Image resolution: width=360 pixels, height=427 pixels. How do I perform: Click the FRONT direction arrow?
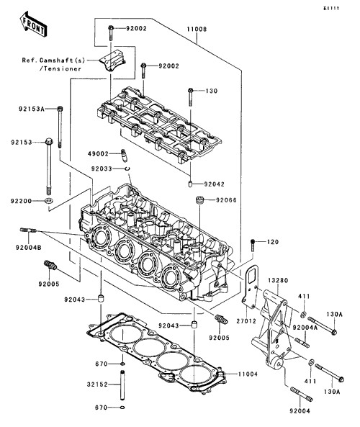coord(33,24)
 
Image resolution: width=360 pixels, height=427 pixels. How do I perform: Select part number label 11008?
coord(197,29)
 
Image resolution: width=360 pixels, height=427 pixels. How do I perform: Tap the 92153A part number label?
coord(31,109)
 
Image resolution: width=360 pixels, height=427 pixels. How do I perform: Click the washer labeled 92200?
coord(49,201)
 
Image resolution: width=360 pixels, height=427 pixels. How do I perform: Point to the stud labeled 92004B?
coord(28,230)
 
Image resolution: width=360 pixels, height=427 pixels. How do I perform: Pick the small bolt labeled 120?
coord(253,245)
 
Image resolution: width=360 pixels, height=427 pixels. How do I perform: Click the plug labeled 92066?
coord(200,200)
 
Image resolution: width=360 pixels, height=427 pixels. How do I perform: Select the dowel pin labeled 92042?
coord(190,184)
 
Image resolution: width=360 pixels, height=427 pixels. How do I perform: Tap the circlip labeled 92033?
coord(127,168)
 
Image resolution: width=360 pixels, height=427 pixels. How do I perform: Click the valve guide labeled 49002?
coord(124,156)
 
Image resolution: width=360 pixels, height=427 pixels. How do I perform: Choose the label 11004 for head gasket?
coord(248,374)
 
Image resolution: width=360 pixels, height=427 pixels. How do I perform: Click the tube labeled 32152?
coord(122,385)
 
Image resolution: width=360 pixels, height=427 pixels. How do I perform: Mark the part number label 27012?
coord(246,321)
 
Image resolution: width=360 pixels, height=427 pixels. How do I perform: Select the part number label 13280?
coord(278,280)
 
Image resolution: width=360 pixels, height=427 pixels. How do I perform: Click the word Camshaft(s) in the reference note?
coord(62,60)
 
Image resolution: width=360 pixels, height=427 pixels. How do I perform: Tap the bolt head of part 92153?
coord(49,142)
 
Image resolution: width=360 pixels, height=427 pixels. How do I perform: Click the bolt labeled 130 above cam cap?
coord(191,97)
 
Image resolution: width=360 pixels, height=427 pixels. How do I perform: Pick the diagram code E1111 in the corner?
coord(331,9)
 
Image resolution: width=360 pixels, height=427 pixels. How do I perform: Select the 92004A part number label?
coord(305,328)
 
